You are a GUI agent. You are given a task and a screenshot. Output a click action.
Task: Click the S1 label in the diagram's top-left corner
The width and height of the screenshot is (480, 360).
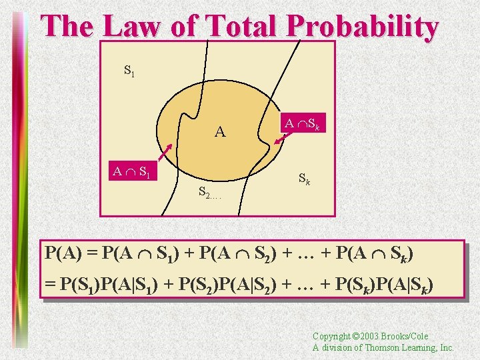point(129,69)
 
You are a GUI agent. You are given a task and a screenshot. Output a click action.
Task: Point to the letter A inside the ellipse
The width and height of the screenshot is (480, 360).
point(220,132)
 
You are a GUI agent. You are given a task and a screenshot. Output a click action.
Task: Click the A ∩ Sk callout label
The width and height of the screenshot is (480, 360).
point(304,123)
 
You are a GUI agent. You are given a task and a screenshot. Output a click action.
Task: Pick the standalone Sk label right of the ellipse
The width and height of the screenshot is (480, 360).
point(303,179)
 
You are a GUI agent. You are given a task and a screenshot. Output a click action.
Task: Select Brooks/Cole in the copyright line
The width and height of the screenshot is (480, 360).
point(409,337)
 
